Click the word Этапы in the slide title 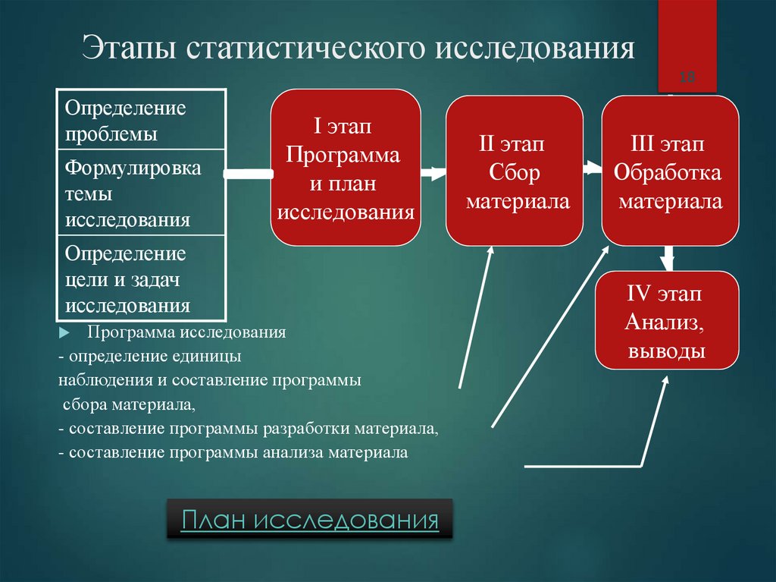point(133,48)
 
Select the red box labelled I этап point(346,168)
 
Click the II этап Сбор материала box point(515,171)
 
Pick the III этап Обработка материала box point(670,171)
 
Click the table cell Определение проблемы point(141,120)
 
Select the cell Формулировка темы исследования point(141,193)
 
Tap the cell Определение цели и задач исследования point(141,278)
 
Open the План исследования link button point(310,520)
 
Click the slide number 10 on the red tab point(687,77)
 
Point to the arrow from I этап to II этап point(433,174)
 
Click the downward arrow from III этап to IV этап point(668,258)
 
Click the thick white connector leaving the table point(249,175)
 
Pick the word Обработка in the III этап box point(668,173)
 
